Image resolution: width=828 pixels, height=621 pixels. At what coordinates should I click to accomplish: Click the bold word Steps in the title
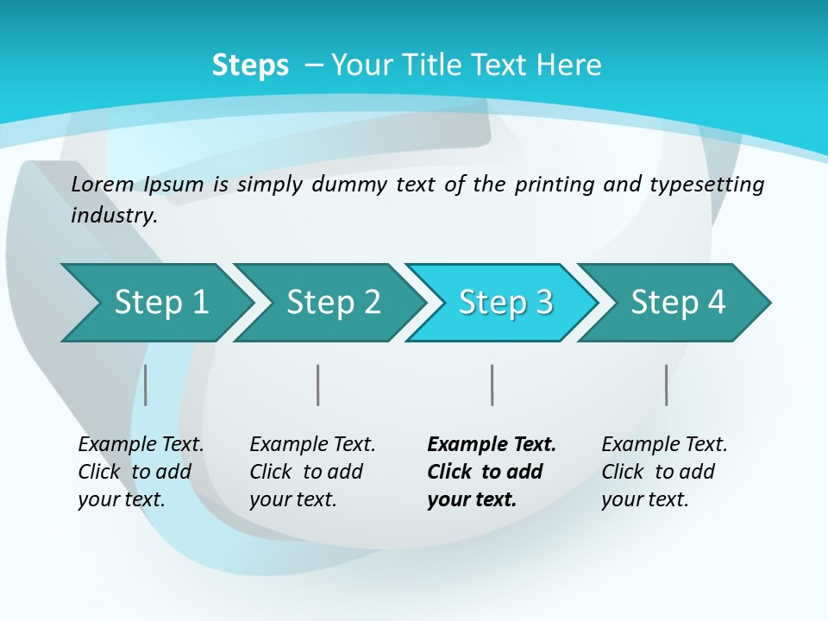(250, 66)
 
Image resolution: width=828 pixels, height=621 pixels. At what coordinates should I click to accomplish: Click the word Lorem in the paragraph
(102, 184)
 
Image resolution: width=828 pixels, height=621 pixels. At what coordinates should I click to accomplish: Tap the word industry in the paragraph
(113, 215)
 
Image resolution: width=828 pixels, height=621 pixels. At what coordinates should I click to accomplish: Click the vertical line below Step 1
(146, 385)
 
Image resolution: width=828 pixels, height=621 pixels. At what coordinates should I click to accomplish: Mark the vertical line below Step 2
(318, 385)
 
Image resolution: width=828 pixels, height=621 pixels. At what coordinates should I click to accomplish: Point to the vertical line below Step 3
(492, 385)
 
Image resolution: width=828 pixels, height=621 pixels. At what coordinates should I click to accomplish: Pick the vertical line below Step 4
(666, 385)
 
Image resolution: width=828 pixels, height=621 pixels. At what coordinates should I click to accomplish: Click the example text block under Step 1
(141, 472)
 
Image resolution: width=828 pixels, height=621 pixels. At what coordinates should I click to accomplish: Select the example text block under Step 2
(312, 472)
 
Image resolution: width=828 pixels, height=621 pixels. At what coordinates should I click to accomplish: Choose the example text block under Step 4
(664, 472)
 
